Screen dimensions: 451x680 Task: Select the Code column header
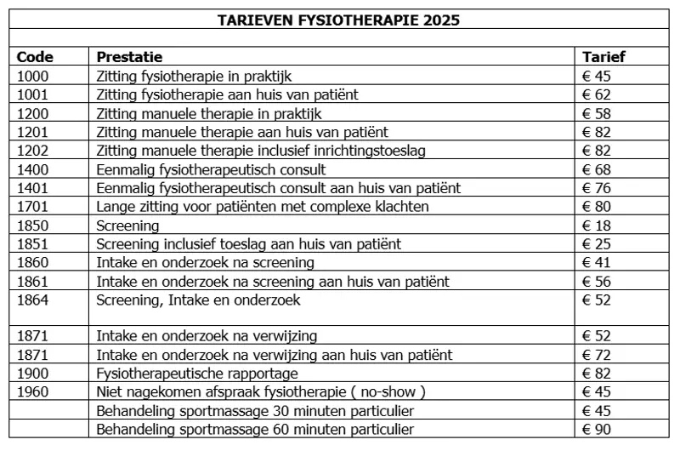[x=35, y=58]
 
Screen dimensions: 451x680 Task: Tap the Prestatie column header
[x=129, y=58]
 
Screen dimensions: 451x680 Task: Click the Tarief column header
[x=603, y=58]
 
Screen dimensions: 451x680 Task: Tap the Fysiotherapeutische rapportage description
[x=197, y=374]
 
